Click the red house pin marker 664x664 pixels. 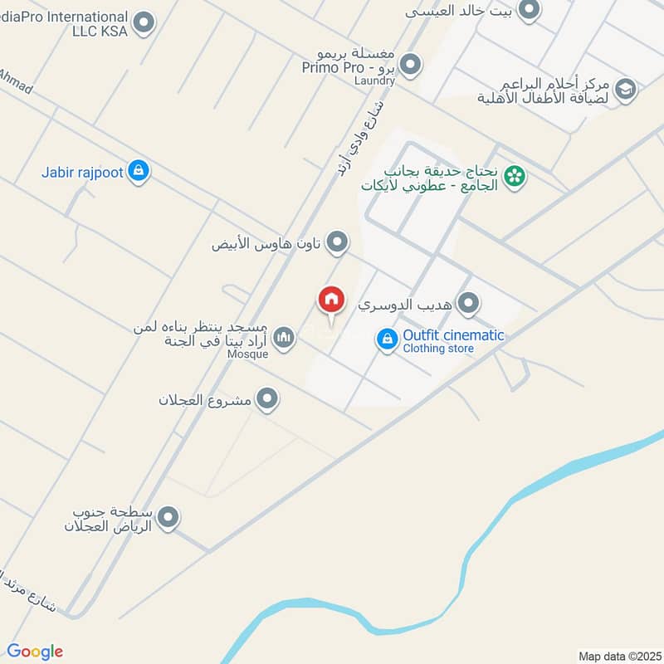click(331, 300)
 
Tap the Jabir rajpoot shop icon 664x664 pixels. click(139, 172)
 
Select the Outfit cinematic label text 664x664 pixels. click(453, 335)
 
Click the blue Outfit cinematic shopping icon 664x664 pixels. click(387, 339)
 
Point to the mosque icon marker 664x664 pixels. click(284, 337)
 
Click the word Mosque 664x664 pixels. click(247, 354)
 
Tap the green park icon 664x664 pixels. click(515, 176)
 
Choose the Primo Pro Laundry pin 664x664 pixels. click(409, 64)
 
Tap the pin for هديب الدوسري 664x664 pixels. click(469, 304)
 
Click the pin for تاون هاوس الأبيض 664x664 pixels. click(336, 243)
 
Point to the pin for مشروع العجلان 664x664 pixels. click(266, 400)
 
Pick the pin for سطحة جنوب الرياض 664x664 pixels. click(168, 518)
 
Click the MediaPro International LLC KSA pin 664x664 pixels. click(144, 23)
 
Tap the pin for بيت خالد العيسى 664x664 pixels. click(529, 11)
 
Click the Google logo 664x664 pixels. click(35, 652)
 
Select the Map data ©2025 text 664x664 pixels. click(618, 656)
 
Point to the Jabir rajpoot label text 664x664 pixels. click(83, 173)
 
